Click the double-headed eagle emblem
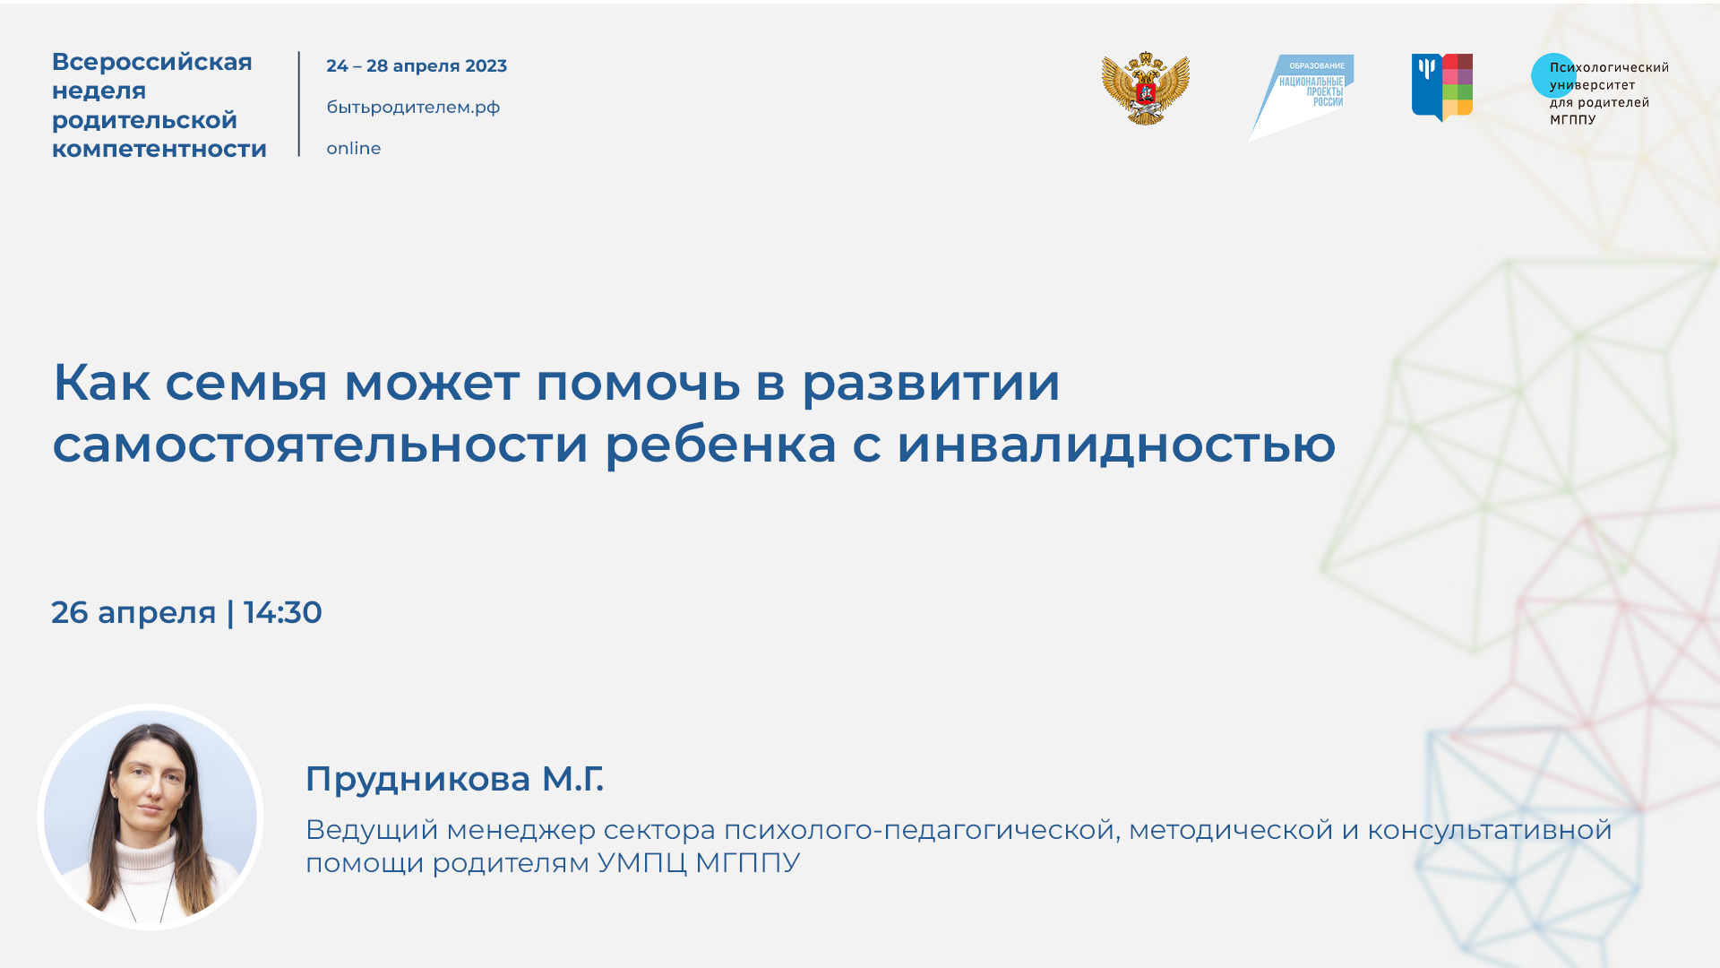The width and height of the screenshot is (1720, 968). [1146, 89]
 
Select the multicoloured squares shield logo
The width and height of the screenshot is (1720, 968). [1442, 87]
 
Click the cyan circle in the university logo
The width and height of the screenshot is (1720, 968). [1552, 76]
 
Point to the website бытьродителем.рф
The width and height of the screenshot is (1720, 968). [413, 108]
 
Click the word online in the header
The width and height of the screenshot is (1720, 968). [353, 149]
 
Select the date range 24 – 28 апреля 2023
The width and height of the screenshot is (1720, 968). [417, 66]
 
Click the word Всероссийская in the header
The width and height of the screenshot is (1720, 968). [152, 62]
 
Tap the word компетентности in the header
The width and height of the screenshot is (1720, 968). [159, 149]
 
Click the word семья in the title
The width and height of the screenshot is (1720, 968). [246, 383]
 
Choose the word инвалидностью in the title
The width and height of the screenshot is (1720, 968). [1116, 445]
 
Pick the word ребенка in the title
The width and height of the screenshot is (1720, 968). [721, 445]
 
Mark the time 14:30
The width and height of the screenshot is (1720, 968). [282, 613]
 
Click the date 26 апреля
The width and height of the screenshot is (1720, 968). [133, 613]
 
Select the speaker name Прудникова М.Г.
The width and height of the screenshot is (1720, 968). [454, 779]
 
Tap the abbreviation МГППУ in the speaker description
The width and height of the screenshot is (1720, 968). [747, 863]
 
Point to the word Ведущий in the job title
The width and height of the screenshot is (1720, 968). [372, 831]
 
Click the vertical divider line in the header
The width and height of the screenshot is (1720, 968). [299, 104]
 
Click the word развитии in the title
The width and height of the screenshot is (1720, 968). [931, 383]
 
